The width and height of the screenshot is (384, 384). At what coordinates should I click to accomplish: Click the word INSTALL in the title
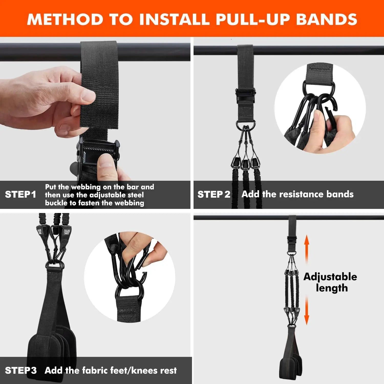174,19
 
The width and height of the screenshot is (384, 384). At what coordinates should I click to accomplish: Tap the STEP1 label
20,195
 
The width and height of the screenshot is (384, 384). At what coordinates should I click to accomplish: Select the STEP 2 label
214,195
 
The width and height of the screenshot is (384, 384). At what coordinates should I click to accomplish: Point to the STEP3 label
21,370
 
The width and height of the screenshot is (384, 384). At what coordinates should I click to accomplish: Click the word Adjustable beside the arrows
330,277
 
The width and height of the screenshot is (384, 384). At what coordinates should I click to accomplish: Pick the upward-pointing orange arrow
307,248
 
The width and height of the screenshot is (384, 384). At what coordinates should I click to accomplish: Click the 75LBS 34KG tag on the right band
66,232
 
